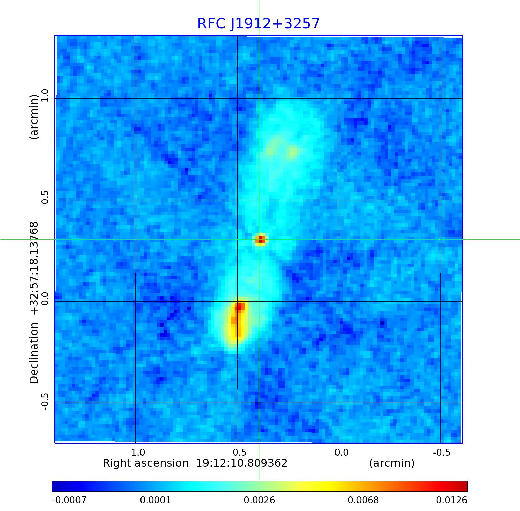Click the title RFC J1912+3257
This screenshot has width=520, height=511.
(x=258, y=24)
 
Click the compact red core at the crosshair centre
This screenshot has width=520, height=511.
(x=260, y=239)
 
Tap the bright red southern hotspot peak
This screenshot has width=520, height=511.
(x=240, y=307)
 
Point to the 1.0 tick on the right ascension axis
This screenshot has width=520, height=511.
(x=138, y=452)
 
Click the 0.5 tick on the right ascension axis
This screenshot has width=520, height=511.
(x=240, y=452)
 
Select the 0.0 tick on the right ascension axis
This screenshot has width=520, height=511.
(x=341, y=452)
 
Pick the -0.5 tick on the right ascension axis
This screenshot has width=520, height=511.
(x=441, y=452)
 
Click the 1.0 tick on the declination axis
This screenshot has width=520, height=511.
(x=45, y=95)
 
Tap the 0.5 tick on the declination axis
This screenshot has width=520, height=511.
(x=45, y=197)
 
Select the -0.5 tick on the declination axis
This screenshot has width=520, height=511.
(x=45, y=402)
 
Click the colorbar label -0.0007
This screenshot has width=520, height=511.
(x=69, y=500)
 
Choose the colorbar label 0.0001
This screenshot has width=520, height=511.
(x=156, y=500)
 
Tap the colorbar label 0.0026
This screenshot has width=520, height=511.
(x=260, y=500)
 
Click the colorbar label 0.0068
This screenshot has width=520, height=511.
(x=364, y=500)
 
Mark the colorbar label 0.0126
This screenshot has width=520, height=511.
(x=452, y=500)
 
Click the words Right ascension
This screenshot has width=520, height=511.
(x=146, y=463)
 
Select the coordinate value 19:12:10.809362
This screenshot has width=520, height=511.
(x=242, y=463)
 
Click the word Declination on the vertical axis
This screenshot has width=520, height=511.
(x=34, y=353)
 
